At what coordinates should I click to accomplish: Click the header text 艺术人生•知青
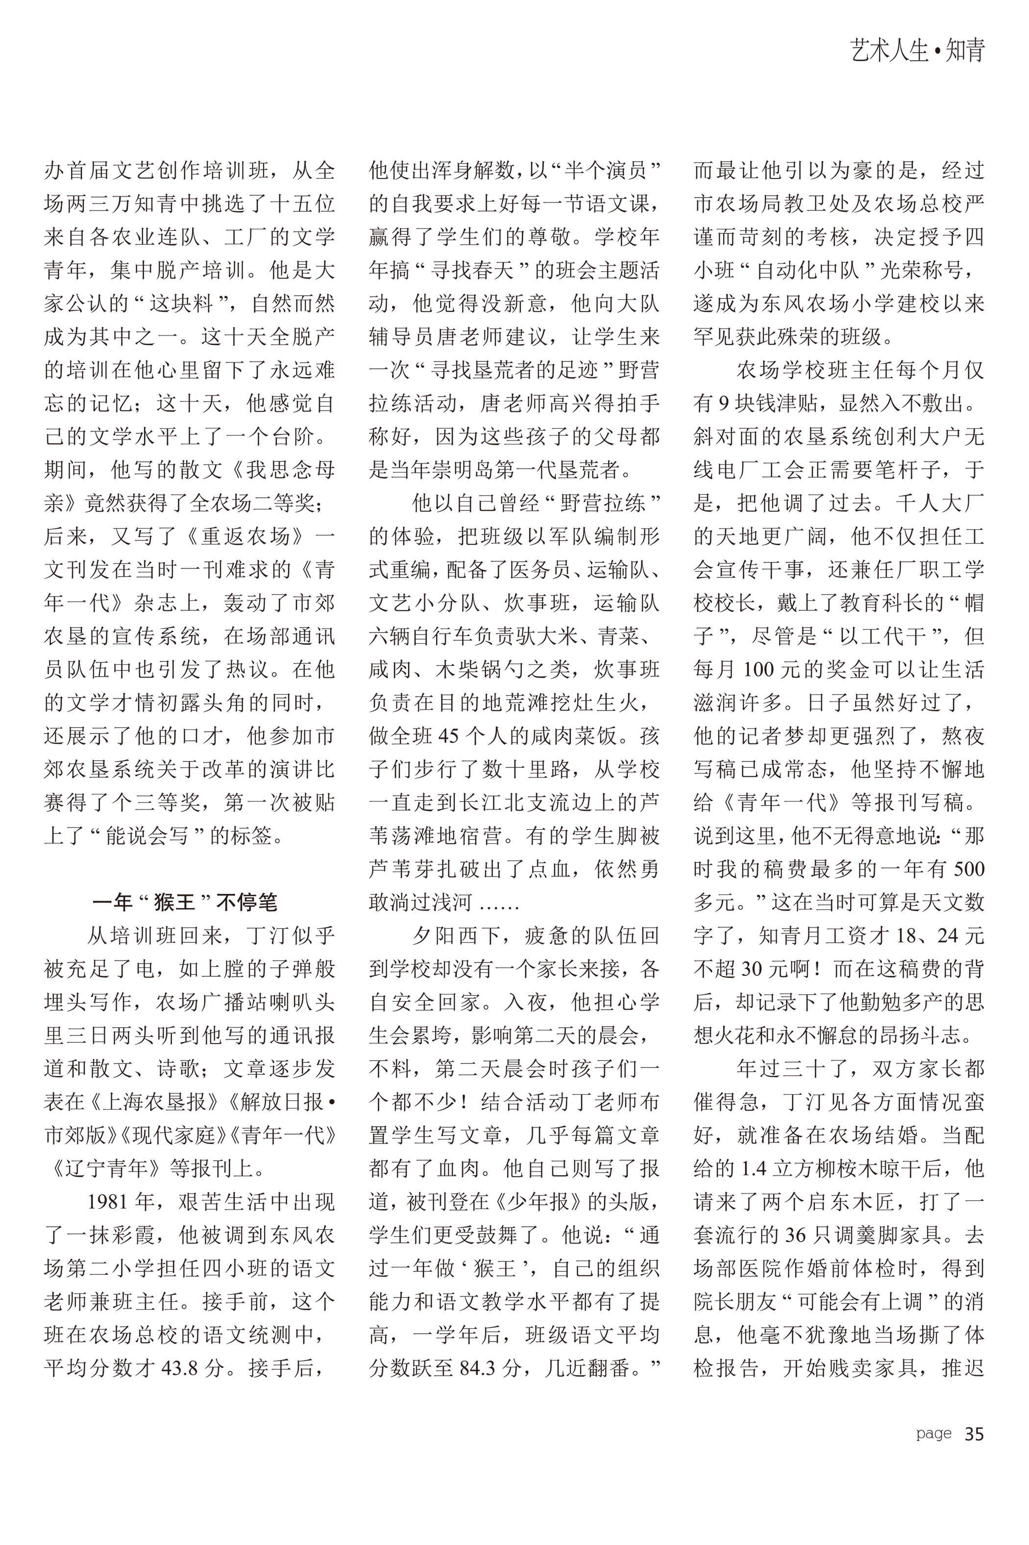tap(917, 51)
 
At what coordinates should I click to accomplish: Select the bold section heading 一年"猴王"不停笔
tap(184, 902)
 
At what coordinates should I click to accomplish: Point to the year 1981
tap(110, 1202)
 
